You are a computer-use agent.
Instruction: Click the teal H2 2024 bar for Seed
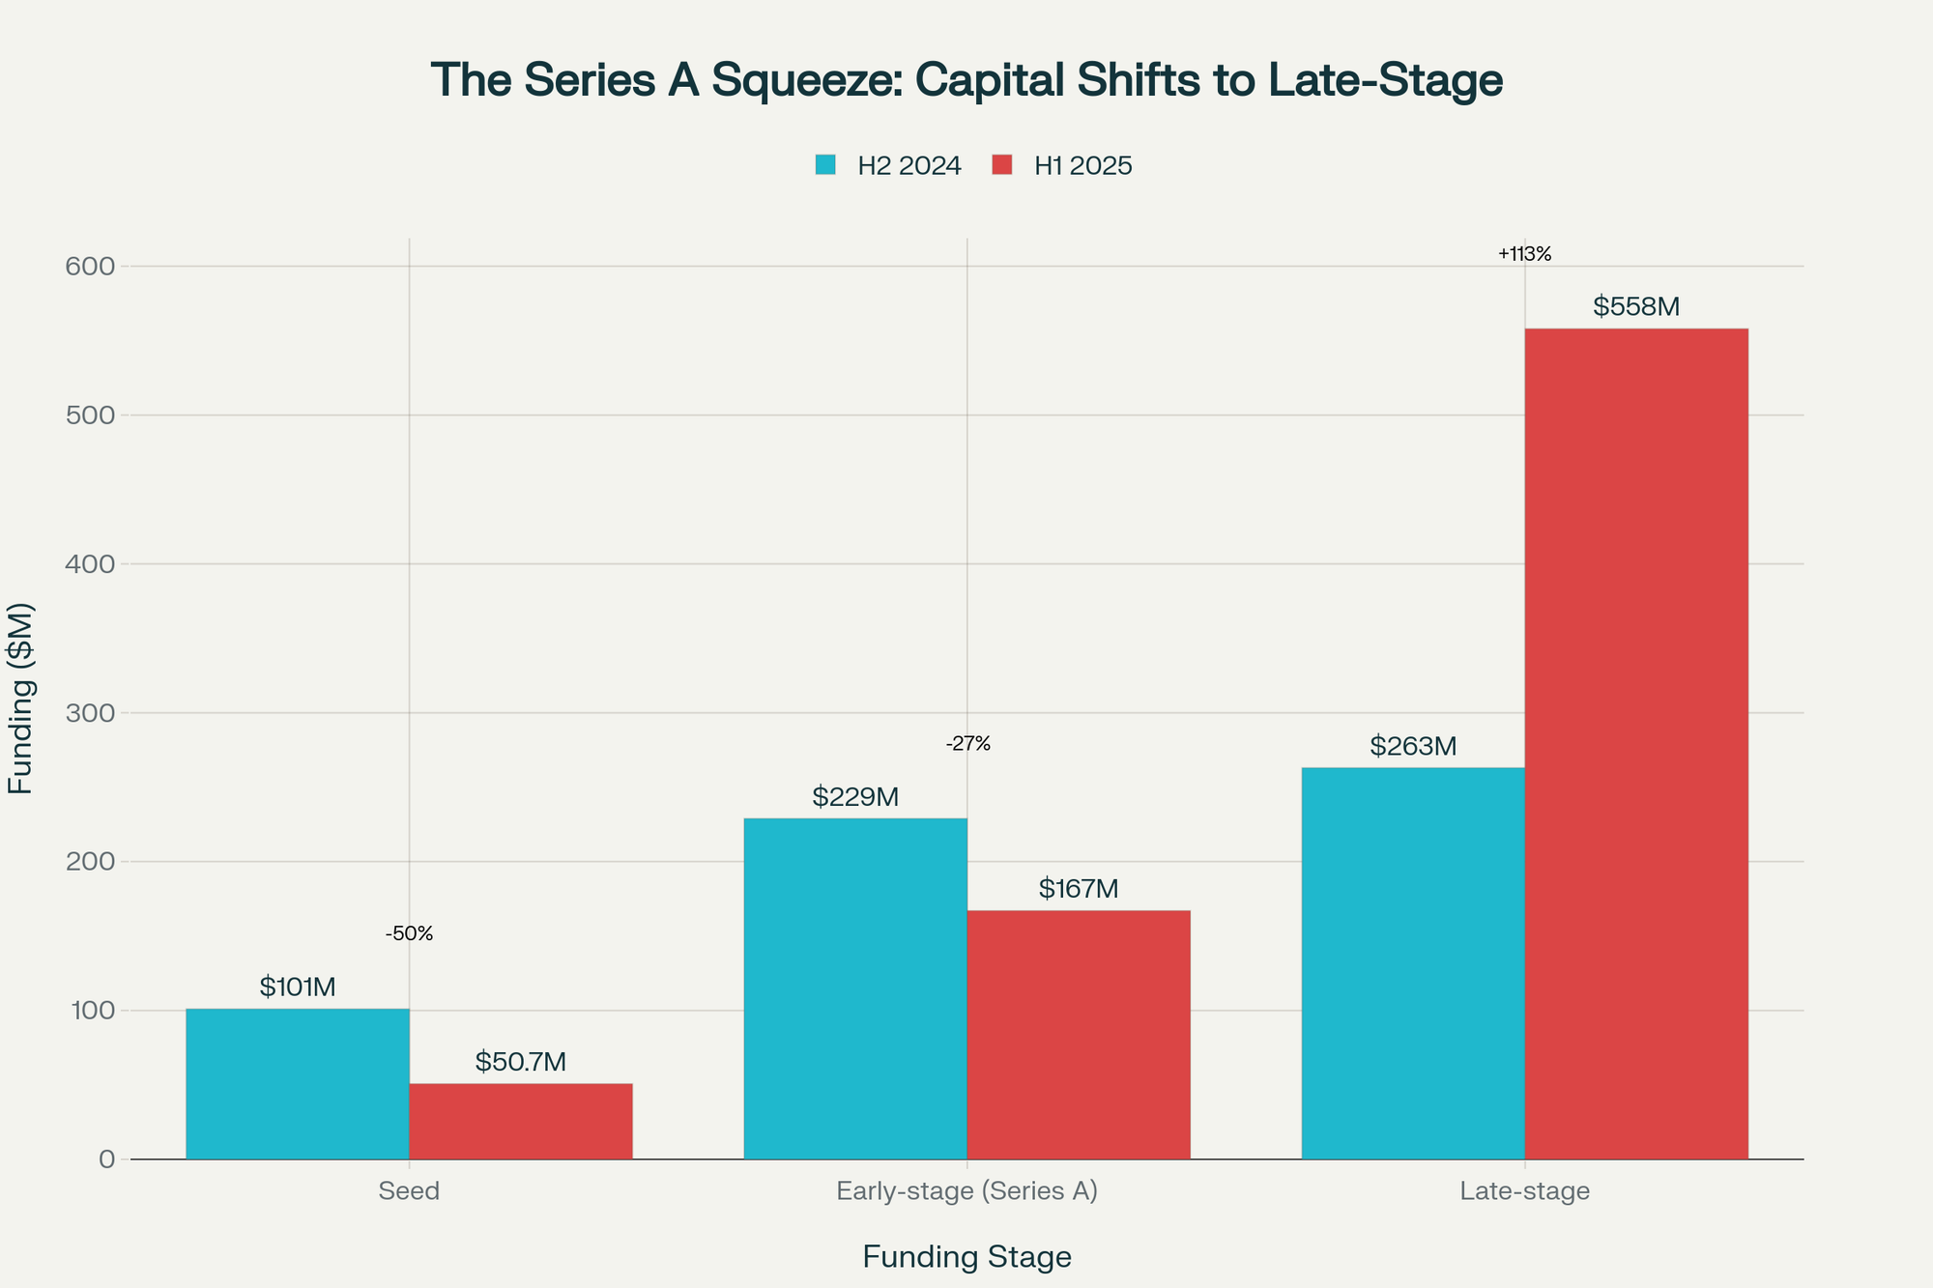pyautogui.click(x=298, y=1084)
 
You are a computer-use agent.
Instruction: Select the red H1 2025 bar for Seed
pyautogui.click(x=521, y=1122)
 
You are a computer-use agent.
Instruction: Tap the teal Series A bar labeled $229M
pyautogui.click(x=855, y=988)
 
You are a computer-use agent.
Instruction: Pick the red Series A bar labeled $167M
pyautogui.click(x=1079, y=1035)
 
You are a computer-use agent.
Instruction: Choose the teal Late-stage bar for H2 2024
pyautogui.click(x=1413, y=963)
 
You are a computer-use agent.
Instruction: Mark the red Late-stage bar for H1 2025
pyautogui.click(x=1636, y=744)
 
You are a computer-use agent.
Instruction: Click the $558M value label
pyautogui.click(x=1636, y=307)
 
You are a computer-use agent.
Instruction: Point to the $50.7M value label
pyautogui.click(x=521, y=1062)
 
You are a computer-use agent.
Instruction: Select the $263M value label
pyautogui.click(x=1413, y=747)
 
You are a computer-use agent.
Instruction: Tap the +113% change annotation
pyautogui.click(x=1524, y=255)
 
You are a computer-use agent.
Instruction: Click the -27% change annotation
pyautogui.click(x=967, y=744)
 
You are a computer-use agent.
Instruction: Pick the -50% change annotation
pyautogui.click(x=409, y=934)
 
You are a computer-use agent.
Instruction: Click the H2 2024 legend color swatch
pyautogui.click(x=825, y=165)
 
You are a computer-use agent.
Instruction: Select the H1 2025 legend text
pyautogui.click(x=1082, y=166)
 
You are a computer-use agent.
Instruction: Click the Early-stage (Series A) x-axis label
pyautogui.click(x=966, y=1191)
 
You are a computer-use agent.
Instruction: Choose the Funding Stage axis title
pyautogui.click(x=966, y=1257)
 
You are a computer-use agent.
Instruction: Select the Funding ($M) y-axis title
pyautogui.click(x=21, y=699)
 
